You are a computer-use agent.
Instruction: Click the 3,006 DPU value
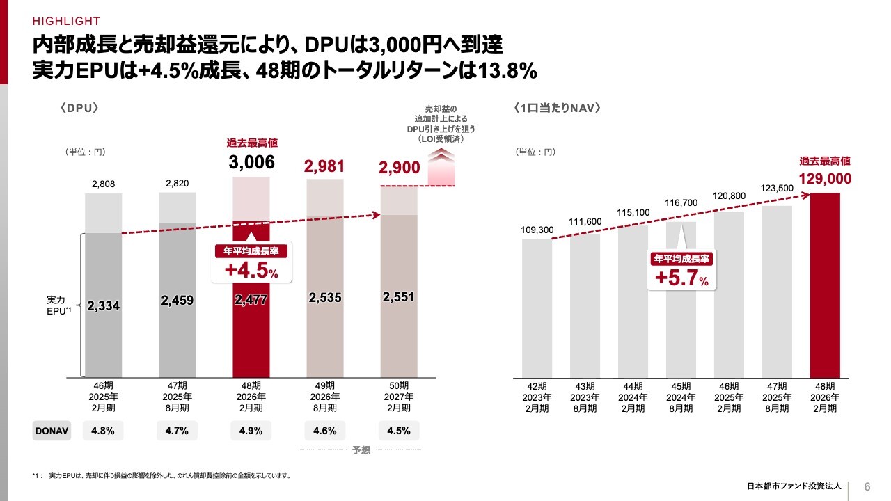[x=251, y=163]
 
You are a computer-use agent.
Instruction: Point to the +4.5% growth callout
[x=251, y=264]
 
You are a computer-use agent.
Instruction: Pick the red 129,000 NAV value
[x=825, y=179]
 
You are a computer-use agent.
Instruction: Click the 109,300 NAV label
[x=537, y=230]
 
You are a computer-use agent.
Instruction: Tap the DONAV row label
[x=52, y=431]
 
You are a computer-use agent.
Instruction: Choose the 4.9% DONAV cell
[x=251, y=431]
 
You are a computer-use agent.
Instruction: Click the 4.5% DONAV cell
[x=398, y=431]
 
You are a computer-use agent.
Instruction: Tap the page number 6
[x=867, y=486]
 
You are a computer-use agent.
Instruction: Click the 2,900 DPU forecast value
[x=399, y=168]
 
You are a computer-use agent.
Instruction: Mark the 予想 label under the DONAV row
[x=361, y=451]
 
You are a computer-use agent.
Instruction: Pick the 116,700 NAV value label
[x=681, y=202]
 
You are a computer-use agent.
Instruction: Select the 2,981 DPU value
[x=324, y=165]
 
